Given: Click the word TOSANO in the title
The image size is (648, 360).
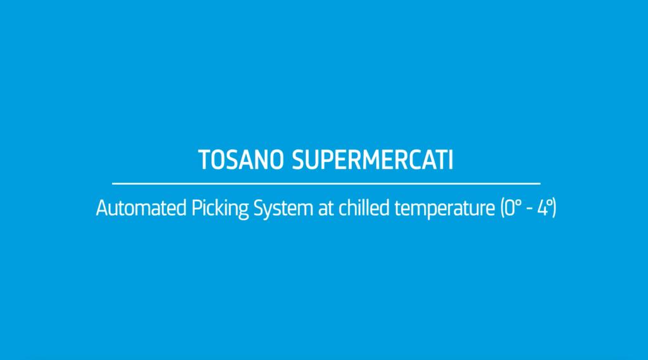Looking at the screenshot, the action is pyautogui.click(x=241, y=160).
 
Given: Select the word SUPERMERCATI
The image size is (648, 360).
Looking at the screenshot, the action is pyautogui.click(x=373, y=160).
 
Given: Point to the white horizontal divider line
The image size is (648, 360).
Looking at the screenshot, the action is pyautogui.click(x=326, y=183).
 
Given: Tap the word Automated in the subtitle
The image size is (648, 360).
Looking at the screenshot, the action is pyautogui.click(x=141, y=208).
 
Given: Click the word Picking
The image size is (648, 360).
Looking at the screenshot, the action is pyautogui.click(x=220, y=209).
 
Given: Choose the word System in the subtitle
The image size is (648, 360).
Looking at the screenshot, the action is pyautogui.click(x=283, y=209).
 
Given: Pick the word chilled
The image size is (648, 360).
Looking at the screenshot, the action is pyautogui.click(x=364, y=208).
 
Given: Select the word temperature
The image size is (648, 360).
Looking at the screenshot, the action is pyautogui.click(x=445, y=209).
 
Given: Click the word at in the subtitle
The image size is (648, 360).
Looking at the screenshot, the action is pyautogui.click(x=326, y=209).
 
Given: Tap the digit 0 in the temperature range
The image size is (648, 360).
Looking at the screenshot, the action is pyautogui.click(x=509, y=208).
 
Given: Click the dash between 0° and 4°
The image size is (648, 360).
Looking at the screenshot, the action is pyautogui.click(x=529, y=210).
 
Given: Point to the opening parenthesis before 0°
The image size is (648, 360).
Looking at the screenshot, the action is pyautogui.click(x=502, y=208).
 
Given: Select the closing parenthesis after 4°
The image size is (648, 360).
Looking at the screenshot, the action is pyautogui.click(x=554, y=208).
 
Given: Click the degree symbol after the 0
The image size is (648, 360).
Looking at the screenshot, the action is pyautogui.click(x=518, y=202).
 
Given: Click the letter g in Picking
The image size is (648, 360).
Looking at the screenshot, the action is pyautogui.click(x=243, y=211).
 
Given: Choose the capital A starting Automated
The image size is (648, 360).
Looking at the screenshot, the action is pyautogui.click(x=102, y=208).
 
